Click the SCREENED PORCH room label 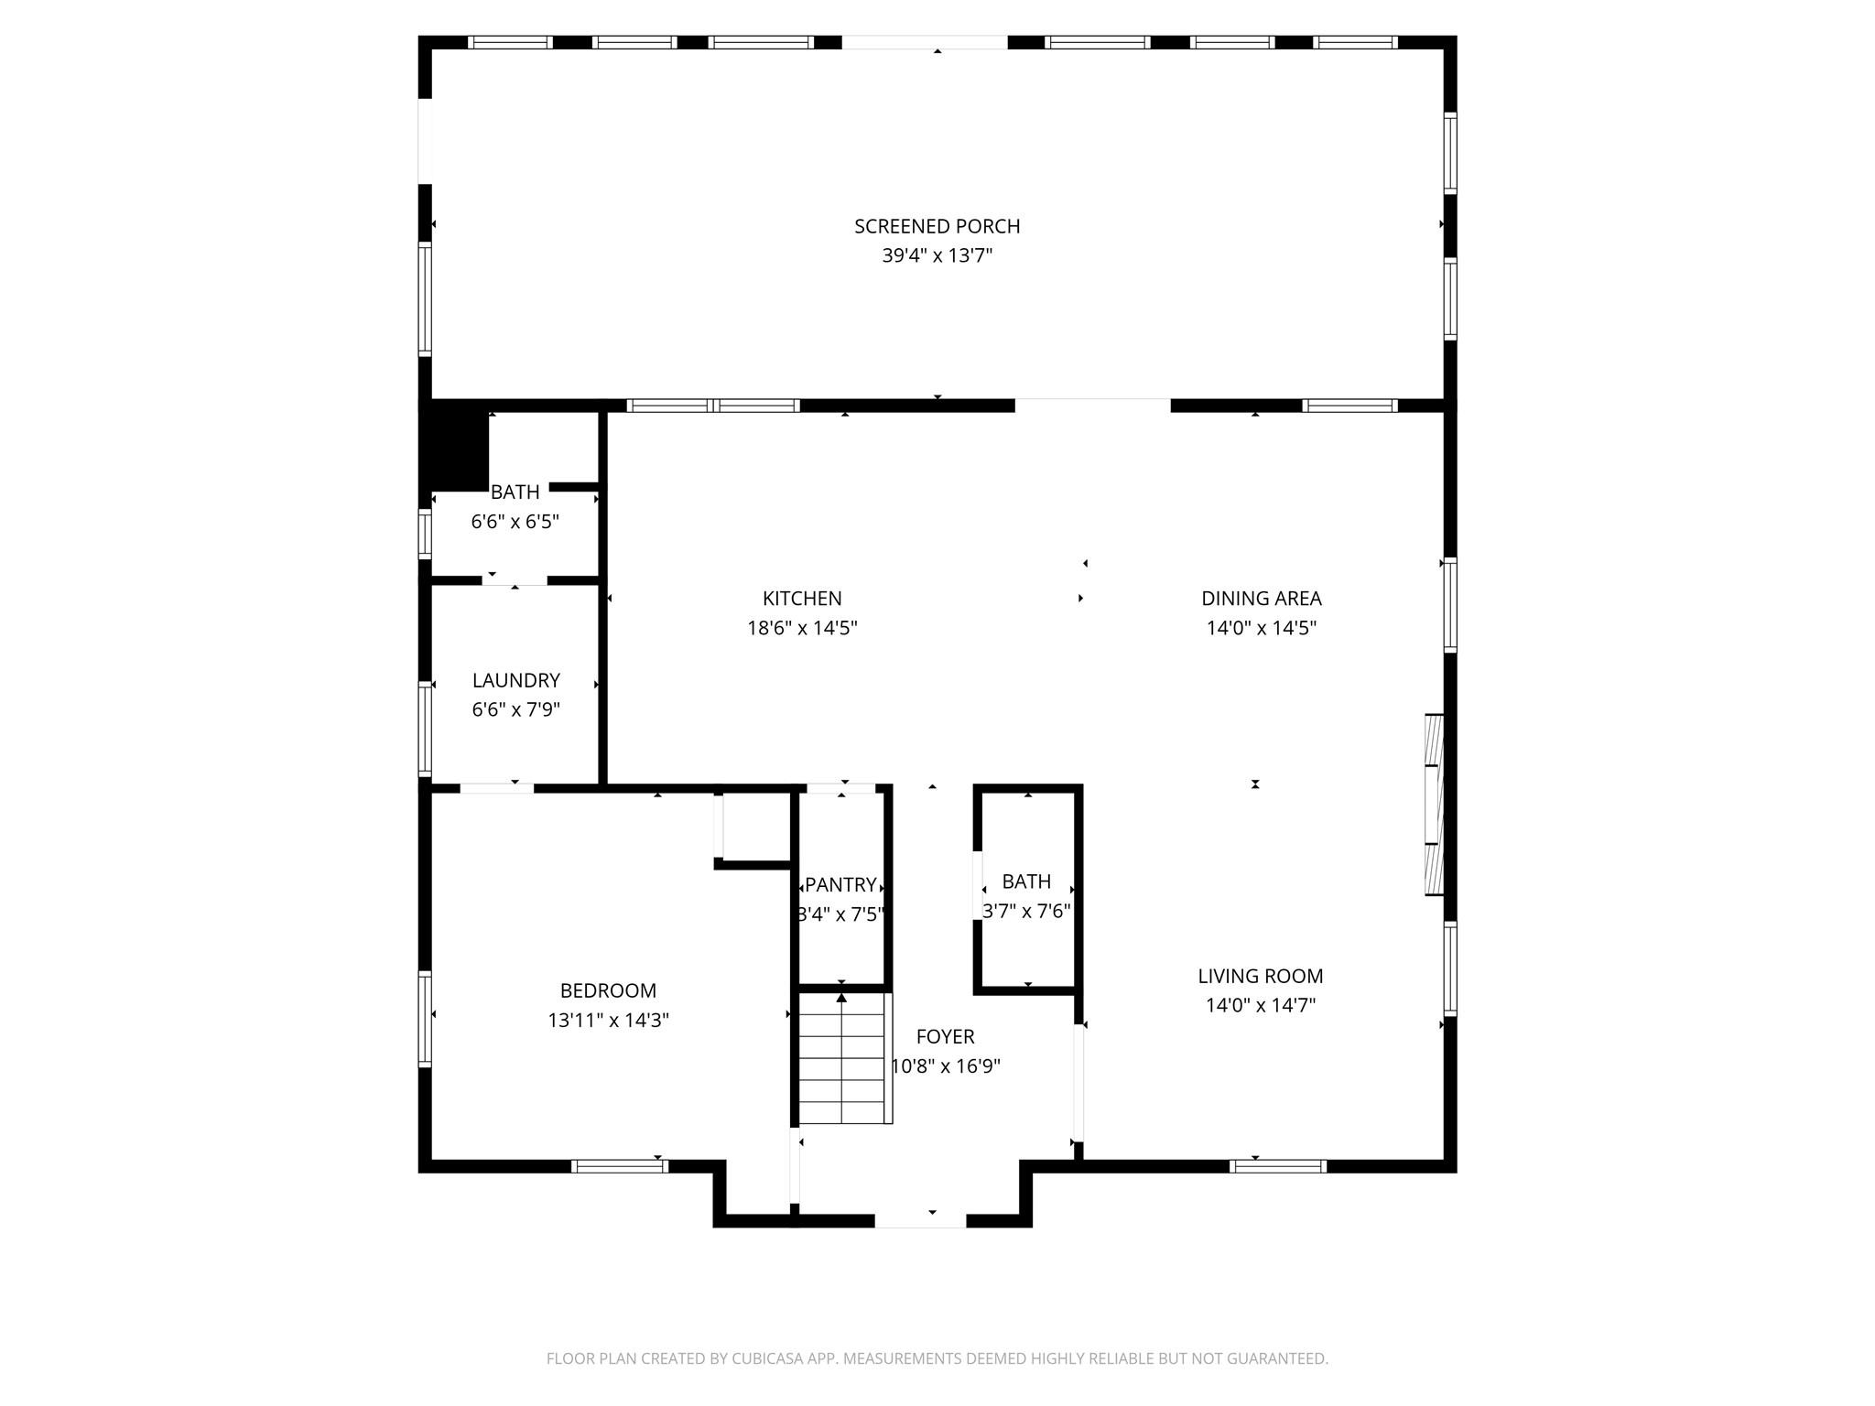[x=937, y=226]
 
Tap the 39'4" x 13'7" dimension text [x=937, y=255]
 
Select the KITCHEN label [x=802, y=599]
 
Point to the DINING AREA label [x=1261, y=599]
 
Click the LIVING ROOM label [x=1261, y=977]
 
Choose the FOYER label [x=945, y=1037]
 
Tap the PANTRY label [x=840, y=885]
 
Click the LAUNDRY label [x=515, y=681]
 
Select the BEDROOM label [x=608, y=990]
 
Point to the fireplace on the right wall [x=1434, y=805]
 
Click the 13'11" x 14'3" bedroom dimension [x=608, y=1021]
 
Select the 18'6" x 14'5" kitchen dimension [x=802, y=628]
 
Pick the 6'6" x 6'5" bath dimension [x=515, y=522]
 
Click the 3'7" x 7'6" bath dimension [x=1026, y=912]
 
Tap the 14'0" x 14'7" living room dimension [x=1261, y=1006]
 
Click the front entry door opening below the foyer [x=920, y=1221]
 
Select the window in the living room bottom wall [x=1278, y=1166]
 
